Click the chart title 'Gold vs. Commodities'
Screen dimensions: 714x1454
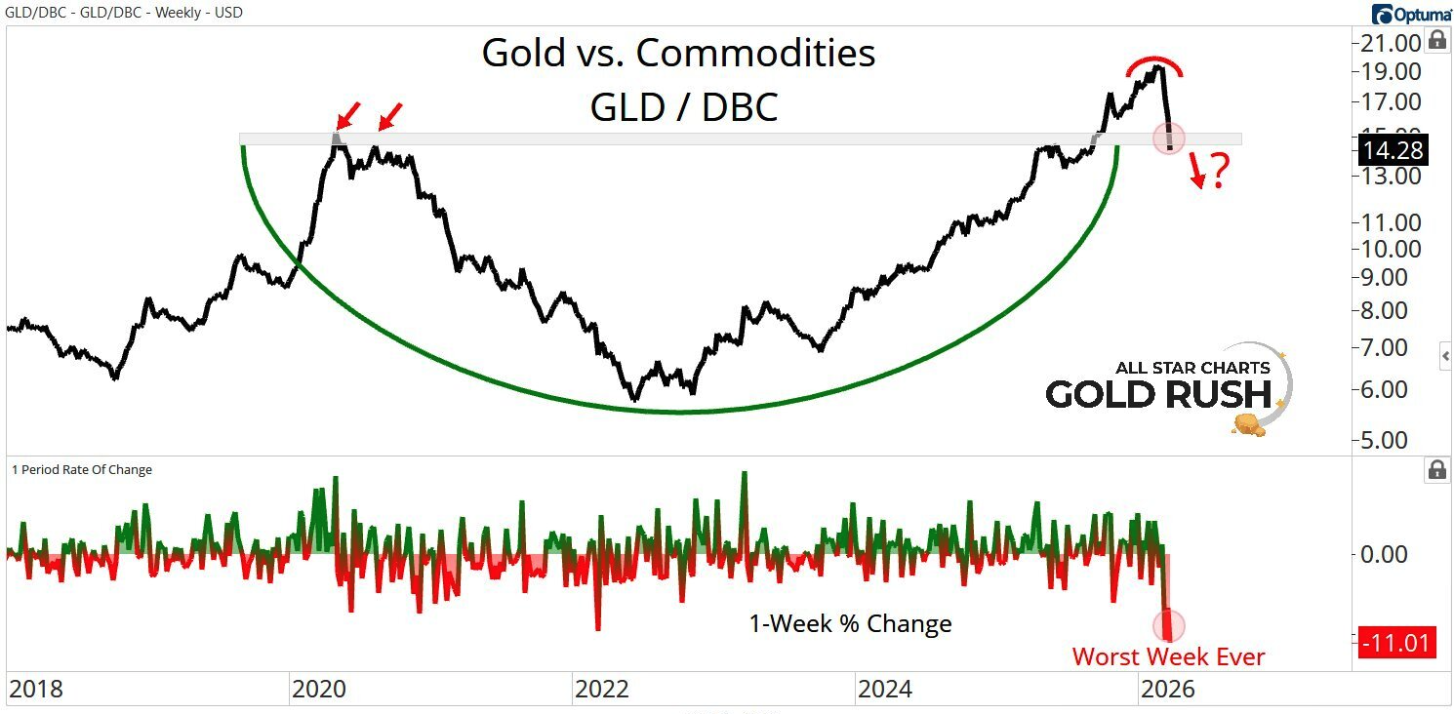point(678,54)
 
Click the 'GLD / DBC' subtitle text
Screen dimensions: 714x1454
point(683,106)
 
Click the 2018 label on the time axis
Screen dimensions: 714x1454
point(35,690)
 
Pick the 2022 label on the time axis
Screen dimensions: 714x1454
point(602,690)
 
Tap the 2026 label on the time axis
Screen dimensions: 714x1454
point(1168,690)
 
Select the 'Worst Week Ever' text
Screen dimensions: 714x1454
point(1168,656)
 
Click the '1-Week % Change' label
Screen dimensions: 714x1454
point(850,623)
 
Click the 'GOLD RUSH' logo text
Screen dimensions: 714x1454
point(1159,394)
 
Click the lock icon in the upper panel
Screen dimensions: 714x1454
point(1436,40)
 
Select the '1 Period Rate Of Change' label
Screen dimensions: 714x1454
point(82,469)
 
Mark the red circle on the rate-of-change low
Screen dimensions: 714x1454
point(1168,625)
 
